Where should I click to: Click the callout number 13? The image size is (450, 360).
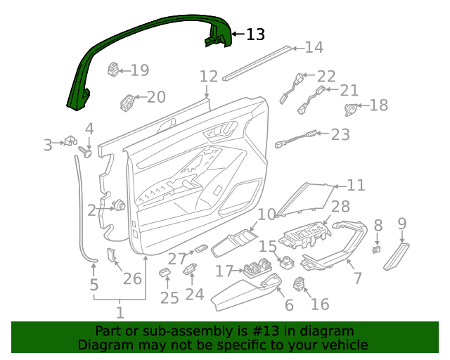pos(255,34)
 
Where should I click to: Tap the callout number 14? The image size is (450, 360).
pos(314,48)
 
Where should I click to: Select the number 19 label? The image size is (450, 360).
pos(140,70)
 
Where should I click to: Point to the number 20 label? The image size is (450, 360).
pos(156,97)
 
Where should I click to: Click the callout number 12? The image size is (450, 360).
pos(209,76)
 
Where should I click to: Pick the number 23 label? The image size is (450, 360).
pos(340,134)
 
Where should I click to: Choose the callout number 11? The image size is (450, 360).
pos(356,186)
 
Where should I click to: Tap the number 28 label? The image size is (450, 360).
pos(340,207)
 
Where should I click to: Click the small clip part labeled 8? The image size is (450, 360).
pos(377,248)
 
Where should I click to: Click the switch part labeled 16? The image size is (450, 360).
pos(300,285)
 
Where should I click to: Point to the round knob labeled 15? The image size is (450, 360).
pos(287,264)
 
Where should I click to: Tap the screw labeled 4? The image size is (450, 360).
pos(88,150)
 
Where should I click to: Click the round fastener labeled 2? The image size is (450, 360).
pos(119,206)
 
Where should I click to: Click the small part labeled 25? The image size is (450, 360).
pos(165,272)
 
